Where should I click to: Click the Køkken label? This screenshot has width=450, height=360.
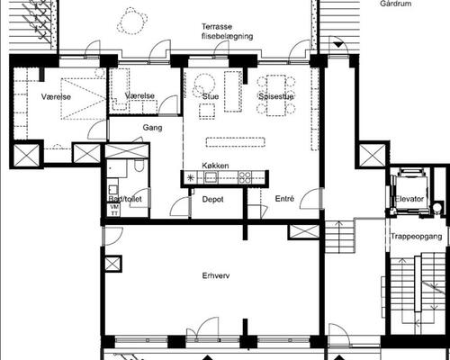[x=215, y=166]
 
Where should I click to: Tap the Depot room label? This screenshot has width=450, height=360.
[x=212, y=199]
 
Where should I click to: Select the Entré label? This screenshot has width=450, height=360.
[x=284, y=199]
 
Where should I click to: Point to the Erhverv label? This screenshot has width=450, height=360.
[x=216, y=275]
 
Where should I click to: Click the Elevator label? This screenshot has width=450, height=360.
[x=409, y=199]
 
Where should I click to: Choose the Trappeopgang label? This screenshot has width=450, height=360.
[x=417, y=237]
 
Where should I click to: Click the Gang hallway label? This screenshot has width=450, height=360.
[x=152, y=128]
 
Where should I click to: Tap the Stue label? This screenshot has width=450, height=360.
[x=211, y=96]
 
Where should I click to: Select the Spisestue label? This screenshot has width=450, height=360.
[x=276, y=96]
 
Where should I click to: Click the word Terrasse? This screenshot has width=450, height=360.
[x=217, y=27]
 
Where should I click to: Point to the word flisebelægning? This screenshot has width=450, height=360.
[x=228, y=36]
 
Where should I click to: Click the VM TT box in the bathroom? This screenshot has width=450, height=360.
[x=114, y=210]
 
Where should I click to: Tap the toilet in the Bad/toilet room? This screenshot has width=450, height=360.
[x=139, y=166]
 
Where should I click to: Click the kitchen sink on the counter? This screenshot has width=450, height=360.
[x=210, y=177]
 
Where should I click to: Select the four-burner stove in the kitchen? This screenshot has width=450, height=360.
[x=245, y=177]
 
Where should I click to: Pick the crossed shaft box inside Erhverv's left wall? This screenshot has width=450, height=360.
[x=112, y=264]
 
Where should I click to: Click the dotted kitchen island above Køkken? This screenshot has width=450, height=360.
[x=236, y=142]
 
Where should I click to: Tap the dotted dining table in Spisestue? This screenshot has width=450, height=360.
[x=276, y=95]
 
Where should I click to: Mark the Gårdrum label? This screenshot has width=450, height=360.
[x=396, y=4]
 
